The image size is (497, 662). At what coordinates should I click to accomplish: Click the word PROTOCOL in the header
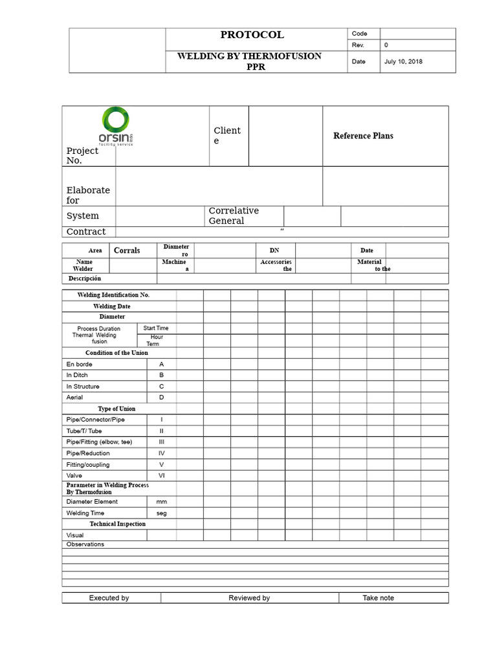pos(252,35)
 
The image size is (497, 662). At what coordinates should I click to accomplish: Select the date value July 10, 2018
pos(404,62)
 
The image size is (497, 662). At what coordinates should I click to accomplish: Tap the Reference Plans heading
pos(363,136)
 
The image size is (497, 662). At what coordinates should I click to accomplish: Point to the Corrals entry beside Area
pos(127,250)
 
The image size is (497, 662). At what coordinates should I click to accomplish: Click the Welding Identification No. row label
pos(113,295)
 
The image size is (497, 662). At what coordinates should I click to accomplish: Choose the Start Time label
pos(156,328)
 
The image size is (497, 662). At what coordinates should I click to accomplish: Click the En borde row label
pos(80,364)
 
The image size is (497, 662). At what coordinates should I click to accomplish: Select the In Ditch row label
pos(77,375)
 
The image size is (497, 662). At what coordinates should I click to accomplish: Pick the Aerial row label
pos(74,397)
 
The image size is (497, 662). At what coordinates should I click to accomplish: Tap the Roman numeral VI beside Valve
pos(162,476)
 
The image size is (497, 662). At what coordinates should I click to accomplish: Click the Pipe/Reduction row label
pos(88,453)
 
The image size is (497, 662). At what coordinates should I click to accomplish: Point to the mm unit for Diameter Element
pos(162,502)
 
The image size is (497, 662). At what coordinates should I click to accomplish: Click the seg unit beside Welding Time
pos(162,513)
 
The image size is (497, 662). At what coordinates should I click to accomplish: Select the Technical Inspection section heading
pos(118,524)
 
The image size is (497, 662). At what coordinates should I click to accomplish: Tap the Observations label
pos(85,544)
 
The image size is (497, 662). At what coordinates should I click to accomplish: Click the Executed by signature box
pos(109,598)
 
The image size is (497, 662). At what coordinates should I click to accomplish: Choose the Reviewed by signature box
pos(249,598)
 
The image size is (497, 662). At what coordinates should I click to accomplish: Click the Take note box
pos(379,598)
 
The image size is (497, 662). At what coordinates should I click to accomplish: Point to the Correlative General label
pos(234,216)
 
